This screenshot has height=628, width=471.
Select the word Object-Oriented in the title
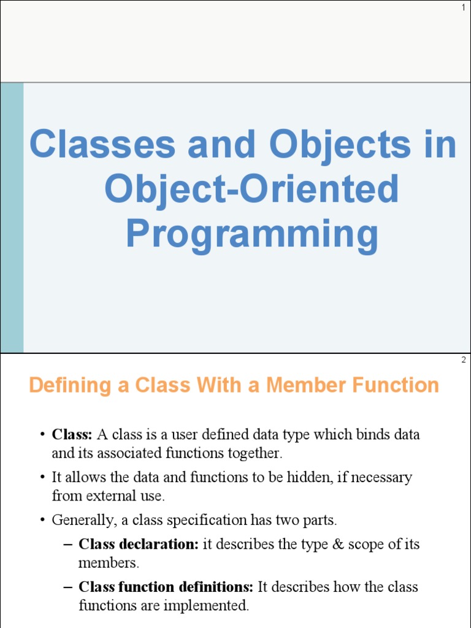point(251,190)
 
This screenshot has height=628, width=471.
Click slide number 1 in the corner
point(463,7)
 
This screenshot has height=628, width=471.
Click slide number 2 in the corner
point(463,360)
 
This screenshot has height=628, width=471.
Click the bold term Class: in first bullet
point(72,435)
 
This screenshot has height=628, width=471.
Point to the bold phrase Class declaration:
point(139,545)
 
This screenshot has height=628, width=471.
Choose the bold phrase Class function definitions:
point(166,587)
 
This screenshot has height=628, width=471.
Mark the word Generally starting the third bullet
point(77,520)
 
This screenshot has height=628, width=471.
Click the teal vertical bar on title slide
point(12,218)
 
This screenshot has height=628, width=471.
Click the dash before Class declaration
point(67,545)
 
